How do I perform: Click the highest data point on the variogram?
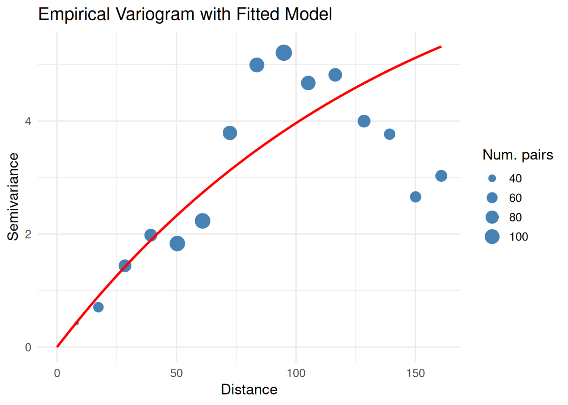[284, 53]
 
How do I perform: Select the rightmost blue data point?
[441, 176]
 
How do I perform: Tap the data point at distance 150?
[415, 197]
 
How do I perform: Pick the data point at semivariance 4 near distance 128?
[364, 121]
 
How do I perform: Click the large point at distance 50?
[177, 243]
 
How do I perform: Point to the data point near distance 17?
[98, 307]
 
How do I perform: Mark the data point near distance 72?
[229, 133]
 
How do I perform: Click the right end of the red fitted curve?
[441, 46]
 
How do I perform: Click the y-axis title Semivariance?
[13, 197]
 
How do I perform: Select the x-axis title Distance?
[249, 389]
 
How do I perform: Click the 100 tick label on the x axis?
[296, 373]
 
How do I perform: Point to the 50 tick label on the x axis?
[177, 373]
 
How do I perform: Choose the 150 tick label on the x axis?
[415, 373]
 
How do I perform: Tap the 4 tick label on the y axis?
[28, 121]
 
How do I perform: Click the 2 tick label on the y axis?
[28, 235]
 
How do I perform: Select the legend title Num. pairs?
[518, 155]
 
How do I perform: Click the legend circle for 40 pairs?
[492, 178]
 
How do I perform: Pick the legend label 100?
[519, 237]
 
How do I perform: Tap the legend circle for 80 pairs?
[492, 217]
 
